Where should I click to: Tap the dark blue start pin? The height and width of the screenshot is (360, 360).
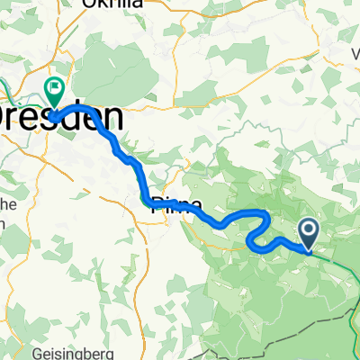[308, 233]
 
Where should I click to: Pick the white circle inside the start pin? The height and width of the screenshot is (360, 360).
[308, 229]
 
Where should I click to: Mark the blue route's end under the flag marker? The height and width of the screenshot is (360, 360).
[54, 115]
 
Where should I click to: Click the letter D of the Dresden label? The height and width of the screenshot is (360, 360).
[7, 118]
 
